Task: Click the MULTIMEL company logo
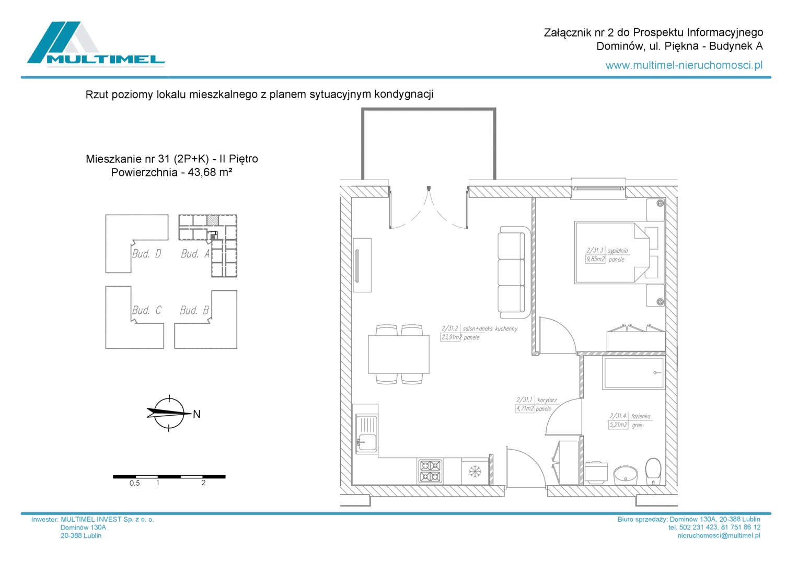coord(96,44)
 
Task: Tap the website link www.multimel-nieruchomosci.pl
coord(684,65)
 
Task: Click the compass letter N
coord(196,414)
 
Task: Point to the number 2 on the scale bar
coord(203,483)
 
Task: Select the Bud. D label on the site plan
coord(146,253)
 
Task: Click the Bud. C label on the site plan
coord(146,310)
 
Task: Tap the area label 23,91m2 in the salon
coord(451,337)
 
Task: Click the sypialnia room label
coord(618,251)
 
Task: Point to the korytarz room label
coord(547,400)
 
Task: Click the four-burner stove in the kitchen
coord(430,471)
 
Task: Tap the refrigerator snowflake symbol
coord(475,471)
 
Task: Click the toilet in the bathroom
coord(653,472)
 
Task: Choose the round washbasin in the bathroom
coord(626,475)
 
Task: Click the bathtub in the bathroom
coord(633,373)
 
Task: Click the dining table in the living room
coord(399,354)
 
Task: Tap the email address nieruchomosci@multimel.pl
coord(719,535)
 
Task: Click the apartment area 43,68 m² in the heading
coord(210,172)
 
